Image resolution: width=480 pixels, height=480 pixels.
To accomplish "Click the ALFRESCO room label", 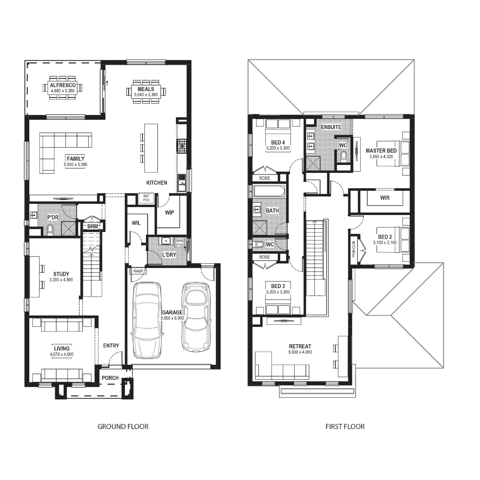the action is (63, 85).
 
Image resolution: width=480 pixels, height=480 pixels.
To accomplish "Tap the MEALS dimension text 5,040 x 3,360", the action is (146, 95).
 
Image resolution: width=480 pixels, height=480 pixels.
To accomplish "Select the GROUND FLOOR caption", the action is (123, 427).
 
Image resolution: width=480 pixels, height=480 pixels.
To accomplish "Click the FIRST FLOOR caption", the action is (345, 427).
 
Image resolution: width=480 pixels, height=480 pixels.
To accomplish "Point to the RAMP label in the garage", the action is (138, 271).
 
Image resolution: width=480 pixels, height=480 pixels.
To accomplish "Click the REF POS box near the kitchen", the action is (146, 198).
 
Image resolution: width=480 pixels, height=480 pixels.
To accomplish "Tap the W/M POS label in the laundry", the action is (180, 243).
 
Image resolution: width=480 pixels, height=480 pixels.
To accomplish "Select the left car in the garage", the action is (147, 320).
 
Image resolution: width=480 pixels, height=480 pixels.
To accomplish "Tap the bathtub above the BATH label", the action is (269, 191).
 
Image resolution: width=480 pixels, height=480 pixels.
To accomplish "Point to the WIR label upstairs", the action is (385, 198).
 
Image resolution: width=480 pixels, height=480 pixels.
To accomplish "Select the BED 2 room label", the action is (385, 237).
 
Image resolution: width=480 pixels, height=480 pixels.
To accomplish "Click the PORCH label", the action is (110, 378).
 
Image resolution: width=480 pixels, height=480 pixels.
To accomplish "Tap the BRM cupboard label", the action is (92, 226).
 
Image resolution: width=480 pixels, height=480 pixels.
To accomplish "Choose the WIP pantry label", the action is (169, 212).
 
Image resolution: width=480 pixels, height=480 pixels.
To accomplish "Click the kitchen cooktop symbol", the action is (182, 146).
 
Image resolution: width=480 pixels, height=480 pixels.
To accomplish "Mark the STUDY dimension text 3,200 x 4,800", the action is (61, 280).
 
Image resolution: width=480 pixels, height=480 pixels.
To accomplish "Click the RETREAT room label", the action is (300, 346).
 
